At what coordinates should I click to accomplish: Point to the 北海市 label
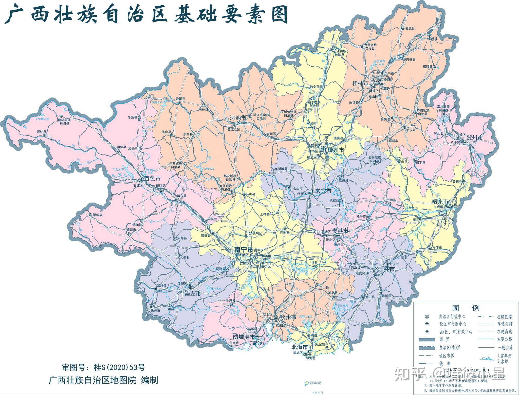click(x=300, y=347)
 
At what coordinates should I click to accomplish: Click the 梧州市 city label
click(x=440, y=202)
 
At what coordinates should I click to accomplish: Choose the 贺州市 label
click(x=475, y=138)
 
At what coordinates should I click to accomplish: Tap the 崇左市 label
click(x=193, y=294)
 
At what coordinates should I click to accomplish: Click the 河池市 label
click(x=238, y=118)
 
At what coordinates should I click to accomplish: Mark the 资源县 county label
click(x=410, y=29)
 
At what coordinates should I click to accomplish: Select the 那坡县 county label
click(x=98, y=215)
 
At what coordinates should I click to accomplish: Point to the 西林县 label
click(x=42, y=132)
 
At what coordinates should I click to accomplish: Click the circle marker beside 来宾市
click(x=312, y=191)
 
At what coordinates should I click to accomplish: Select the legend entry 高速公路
click(x=505, y=324)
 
